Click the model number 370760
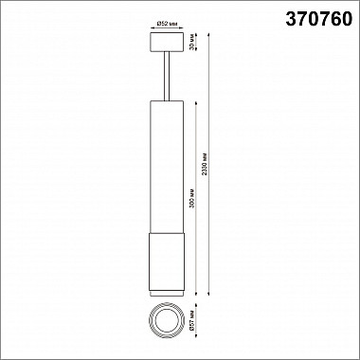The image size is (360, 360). pos(318,19)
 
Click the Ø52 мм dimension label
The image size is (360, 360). pos(167,24)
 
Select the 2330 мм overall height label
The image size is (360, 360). pos(205,164)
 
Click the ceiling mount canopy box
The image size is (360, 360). pos(167,42)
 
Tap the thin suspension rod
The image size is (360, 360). pos(167,76)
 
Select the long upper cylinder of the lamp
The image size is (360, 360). pos(167,167)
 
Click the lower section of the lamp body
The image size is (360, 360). pos(167,262)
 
